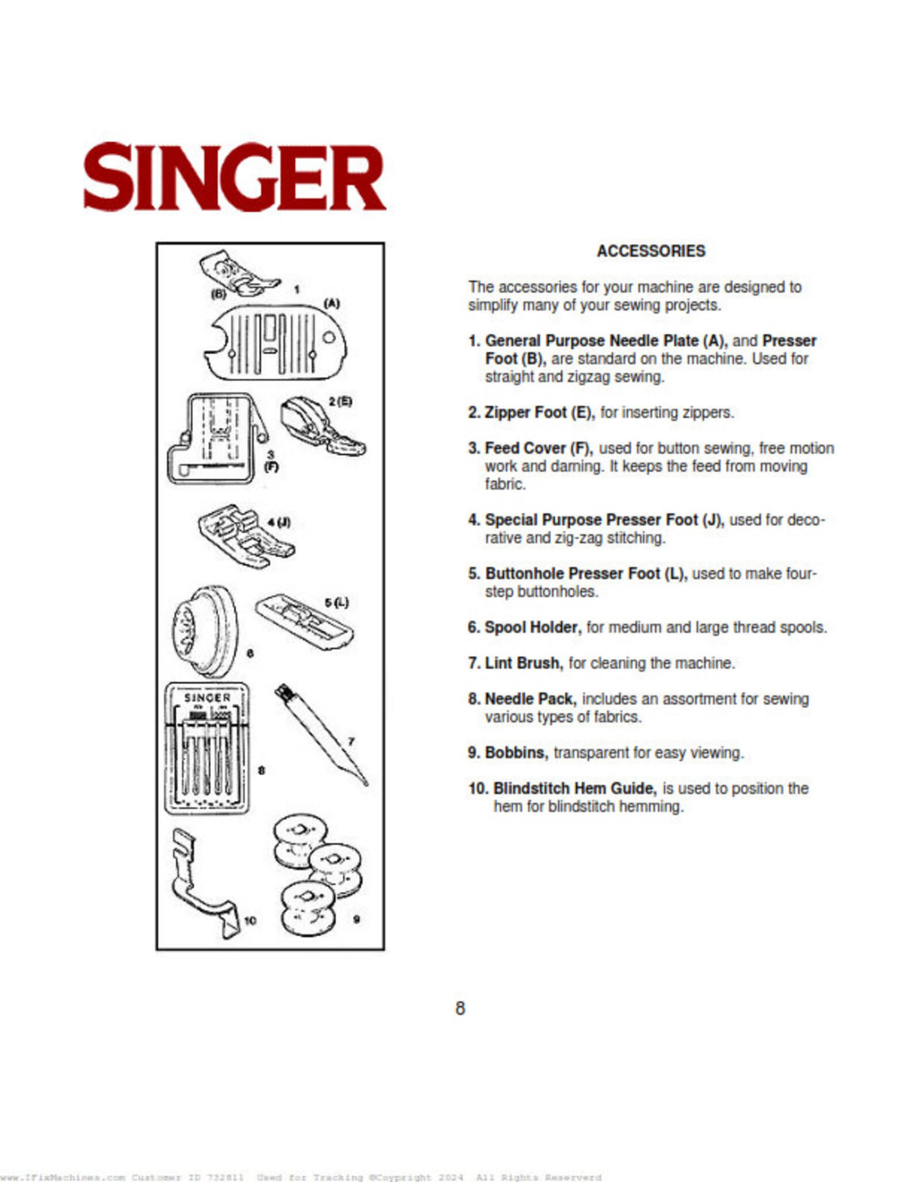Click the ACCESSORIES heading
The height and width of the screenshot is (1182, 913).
(x=650, y=251)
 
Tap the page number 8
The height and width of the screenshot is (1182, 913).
(x=460, y=1008)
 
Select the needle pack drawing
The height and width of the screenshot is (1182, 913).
(x=207, y=748)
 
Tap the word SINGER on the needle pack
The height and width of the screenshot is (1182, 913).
(x=207, y=698)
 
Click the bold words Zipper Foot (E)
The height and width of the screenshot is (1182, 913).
(x=539, y=413)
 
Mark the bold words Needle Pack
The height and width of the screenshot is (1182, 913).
(x=530, y=699)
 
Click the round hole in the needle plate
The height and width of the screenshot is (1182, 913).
(x=328, y=338)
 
